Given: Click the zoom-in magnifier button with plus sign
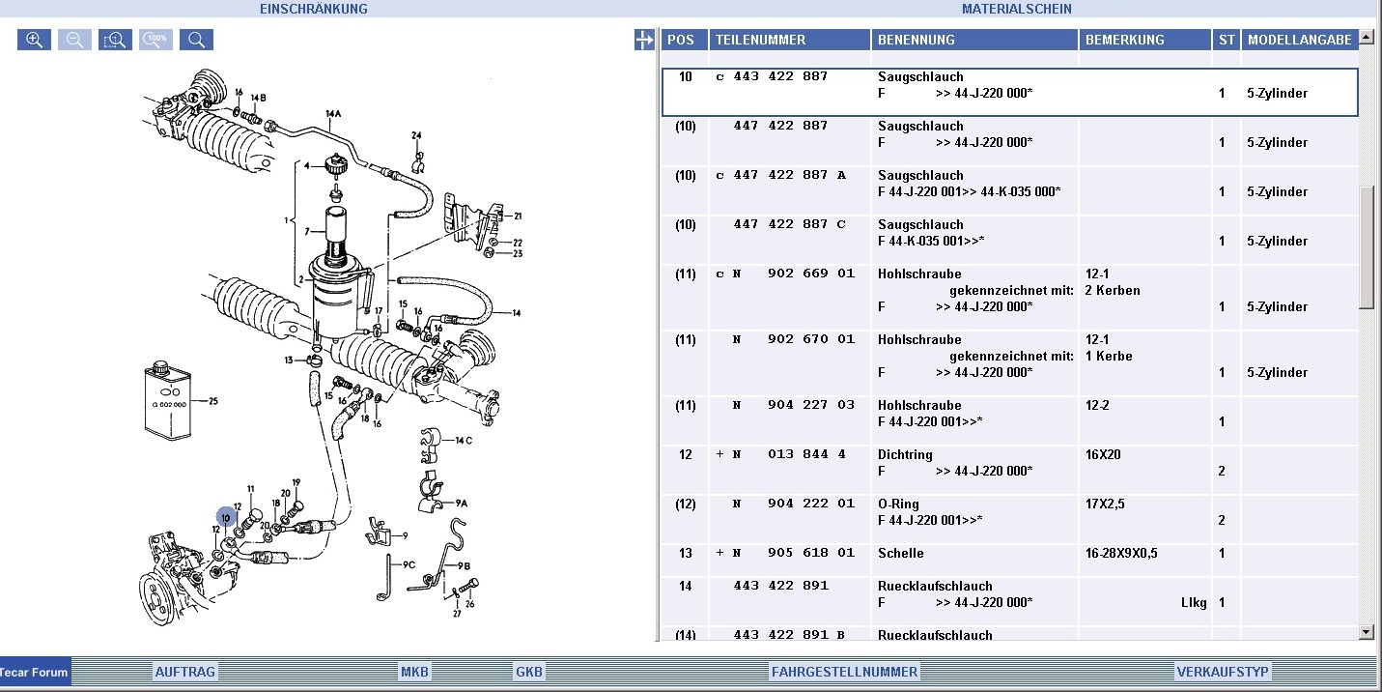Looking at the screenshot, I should (x=34, y=40).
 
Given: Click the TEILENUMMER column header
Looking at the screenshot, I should (x=760, y=40).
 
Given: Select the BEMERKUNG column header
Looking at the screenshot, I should (x=1124, y=40).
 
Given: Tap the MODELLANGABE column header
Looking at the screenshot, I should (x=1299, y=40).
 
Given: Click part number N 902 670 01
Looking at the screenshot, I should (x=793, y=339).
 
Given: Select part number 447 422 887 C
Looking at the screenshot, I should (x=789, y=224).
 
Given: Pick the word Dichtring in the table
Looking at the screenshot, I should (x=905, y=454).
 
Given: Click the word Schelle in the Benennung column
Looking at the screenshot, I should (x=900, y=553).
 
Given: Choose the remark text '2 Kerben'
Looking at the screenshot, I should (x=1113, y=290).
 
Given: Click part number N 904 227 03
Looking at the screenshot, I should (x=793, y=405).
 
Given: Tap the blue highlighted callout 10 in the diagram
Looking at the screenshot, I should (x=226, y=518).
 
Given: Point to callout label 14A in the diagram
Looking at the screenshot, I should (x=333, y=114).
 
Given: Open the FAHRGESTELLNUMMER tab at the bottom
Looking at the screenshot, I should (x=843, y=672).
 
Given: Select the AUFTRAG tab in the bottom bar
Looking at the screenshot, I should (x=185, y=672).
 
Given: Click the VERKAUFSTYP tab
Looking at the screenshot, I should (x=1222, y=672).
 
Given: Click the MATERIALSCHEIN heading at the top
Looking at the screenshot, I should (x=1016, y=9).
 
